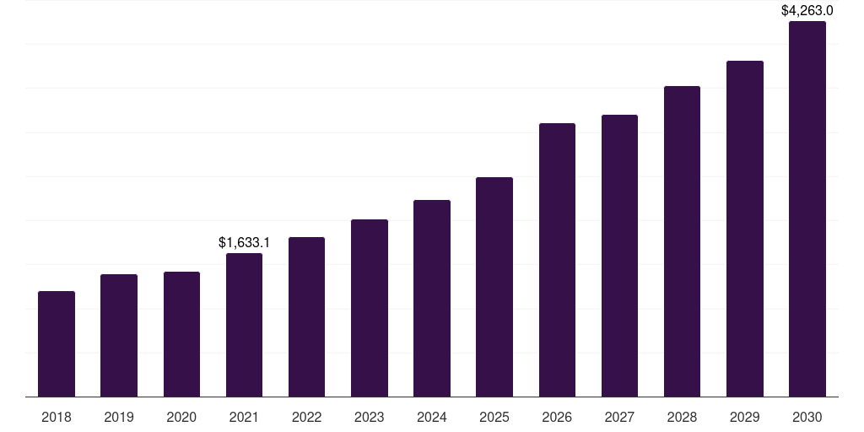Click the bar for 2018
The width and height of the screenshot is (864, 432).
[57, 344]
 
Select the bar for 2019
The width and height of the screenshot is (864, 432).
[119, 336]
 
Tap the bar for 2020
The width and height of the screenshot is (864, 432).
[181, 334]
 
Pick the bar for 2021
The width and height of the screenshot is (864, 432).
[244, 325]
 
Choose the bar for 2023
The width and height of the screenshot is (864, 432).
[370, 308]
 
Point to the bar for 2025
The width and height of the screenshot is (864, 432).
[494, 287]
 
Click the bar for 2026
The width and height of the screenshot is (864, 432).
[557, 260]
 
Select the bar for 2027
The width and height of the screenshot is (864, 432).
[619, 256]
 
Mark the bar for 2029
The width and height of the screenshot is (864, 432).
[745, 229]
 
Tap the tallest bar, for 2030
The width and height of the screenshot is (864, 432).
[807, 209]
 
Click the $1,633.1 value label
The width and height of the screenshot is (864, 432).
[244, 243]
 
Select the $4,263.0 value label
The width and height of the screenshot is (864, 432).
[807, 11]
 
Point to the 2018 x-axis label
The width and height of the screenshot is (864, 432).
[57, 417]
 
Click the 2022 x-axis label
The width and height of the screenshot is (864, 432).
[307, 417]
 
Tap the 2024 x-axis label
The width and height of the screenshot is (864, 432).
[432, 417]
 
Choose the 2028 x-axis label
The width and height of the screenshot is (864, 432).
[682, 417]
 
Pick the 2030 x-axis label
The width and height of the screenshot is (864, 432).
[807, 417]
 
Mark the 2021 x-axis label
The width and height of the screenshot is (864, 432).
[244, 417]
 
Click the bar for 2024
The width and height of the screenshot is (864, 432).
[432, 298]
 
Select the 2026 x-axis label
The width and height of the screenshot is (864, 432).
[557, 417]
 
